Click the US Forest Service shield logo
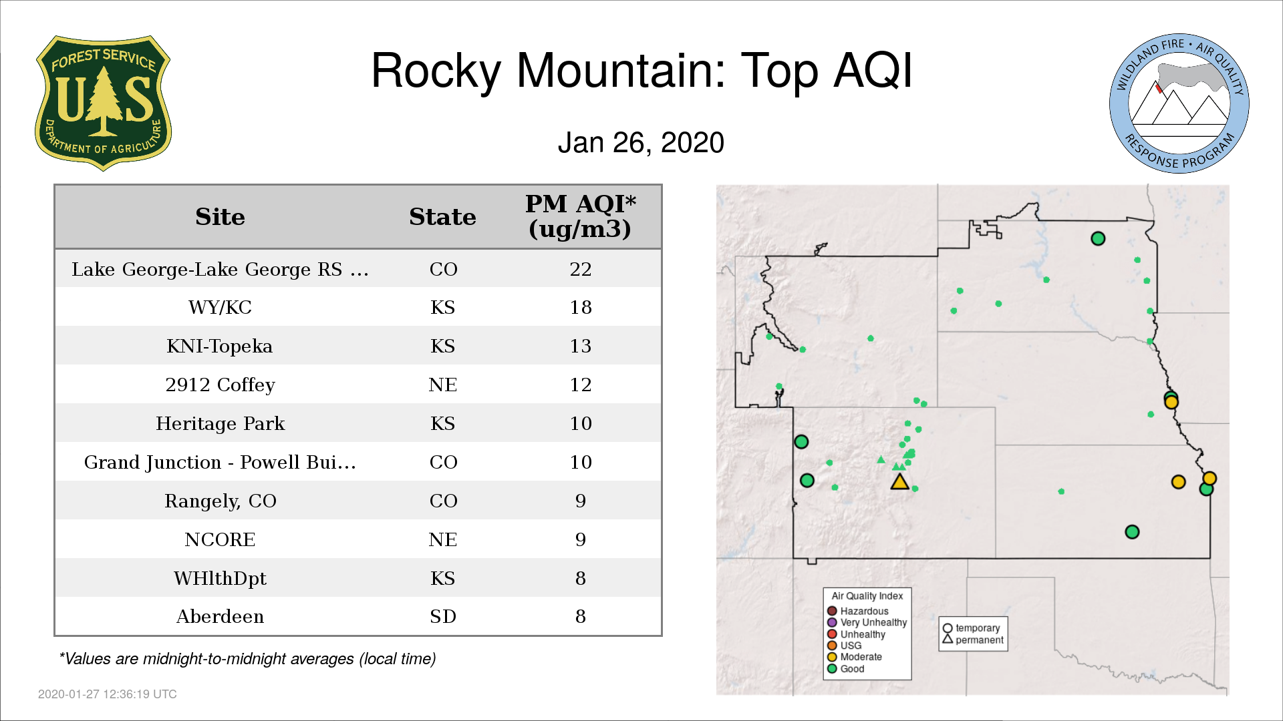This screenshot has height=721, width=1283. pos(103,103)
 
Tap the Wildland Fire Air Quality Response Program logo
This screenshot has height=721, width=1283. pos(1179,103)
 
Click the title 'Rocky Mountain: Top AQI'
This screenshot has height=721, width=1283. pos(641,71)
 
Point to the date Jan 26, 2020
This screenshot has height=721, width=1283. pos(641,142)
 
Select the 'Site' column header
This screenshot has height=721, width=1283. pos(220,217)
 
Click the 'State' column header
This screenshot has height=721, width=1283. pos(442,217)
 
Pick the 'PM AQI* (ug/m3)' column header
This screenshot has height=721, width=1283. pos(580,216)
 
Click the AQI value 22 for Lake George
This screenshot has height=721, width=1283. pos(580,269)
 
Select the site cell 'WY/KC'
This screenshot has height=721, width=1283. pos(220,308)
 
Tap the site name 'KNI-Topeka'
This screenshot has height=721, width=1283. pos(220,346)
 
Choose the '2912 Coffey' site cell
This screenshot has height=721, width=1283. pos(220,385)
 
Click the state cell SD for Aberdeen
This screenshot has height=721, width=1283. pos(442,616)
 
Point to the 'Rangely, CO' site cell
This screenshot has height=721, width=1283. pos(220,501)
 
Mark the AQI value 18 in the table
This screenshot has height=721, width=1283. pos(580,308)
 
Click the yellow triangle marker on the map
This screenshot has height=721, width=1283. pos(900,482)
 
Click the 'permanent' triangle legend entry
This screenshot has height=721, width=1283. pos(973,640)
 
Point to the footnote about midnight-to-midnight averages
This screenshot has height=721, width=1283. pos(247,659)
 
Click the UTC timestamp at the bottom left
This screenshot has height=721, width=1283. pos(108,694)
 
